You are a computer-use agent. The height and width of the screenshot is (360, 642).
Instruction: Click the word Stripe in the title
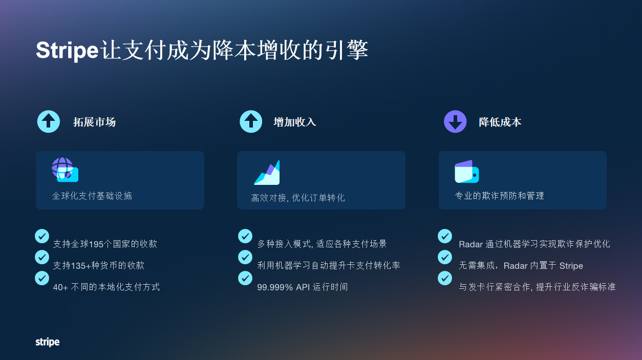coord(67,51)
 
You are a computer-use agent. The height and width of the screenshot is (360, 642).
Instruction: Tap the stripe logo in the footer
coord(47,342)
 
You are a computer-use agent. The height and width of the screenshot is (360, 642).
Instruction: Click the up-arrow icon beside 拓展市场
coord(49,122)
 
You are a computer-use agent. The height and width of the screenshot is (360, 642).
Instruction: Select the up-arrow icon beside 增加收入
coord(251,122)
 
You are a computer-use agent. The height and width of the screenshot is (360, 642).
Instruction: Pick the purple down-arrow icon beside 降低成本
coord(455,122)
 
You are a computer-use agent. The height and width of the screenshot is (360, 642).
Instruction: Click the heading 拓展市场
coord(94,122)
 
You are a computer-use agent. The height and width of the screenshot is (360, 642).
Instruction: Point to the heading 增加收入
coord(294,122)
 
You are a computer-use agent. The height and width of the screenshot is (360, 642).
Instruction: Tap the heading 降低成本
coord(500,122)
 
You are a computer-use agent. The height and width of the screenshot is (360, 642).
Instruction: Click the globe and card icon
coord(65,170)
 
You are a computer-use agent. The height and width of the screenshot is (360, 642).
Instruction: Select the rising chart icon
coord(267,173)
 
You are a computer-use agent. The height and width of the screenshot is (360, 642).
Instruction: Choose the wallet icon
coord(466,172)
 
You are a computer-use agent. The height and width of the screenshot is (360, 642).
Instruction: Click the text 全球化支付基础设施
coord(92,196)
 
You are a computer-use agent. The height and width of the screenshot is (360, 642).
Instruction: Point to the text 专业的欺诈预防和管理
coord(499,196)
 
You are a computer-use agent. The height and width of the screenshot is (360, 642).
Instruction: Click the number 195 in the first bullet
coord(96,244)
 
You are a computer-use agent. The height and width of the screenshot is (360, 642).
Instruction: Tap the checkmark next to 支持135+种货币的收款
coord(42,257)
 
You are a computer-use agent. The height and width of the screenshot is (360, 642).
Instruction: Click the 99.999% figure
coord(275,287)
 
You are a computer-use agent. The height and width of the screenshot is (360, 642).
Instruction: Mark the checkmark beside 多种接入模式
coord(245,236)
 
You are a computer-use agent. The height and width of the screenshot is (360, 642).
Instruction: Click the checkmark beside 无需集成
coord(445,257)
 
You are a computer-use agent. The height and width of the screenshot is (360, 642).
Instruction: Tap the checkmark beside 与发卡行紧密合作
coord(445,278)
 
